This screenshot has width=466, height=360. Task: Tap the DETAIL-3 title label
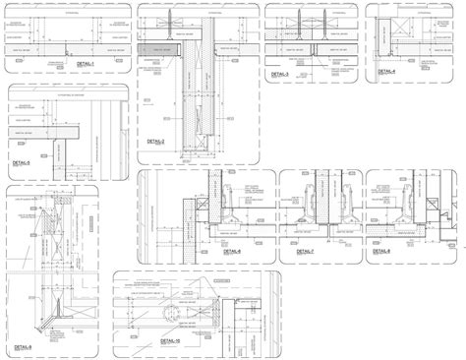point(282,73)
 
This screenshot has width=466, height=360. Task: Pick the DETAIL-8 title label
point(381,252)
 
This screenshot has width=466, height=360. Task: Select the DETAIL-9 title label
point(22,346)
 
